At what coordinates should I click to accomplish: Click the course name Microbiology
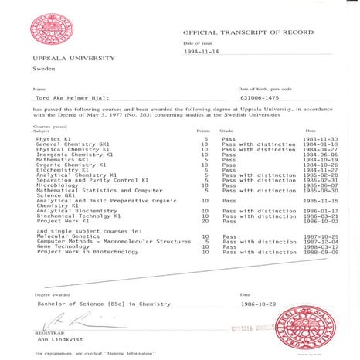pyautogui.click(x=56, y=185)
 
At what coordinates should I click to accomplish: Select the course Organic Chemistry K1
pyautogui.click(x=70, y=165)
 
